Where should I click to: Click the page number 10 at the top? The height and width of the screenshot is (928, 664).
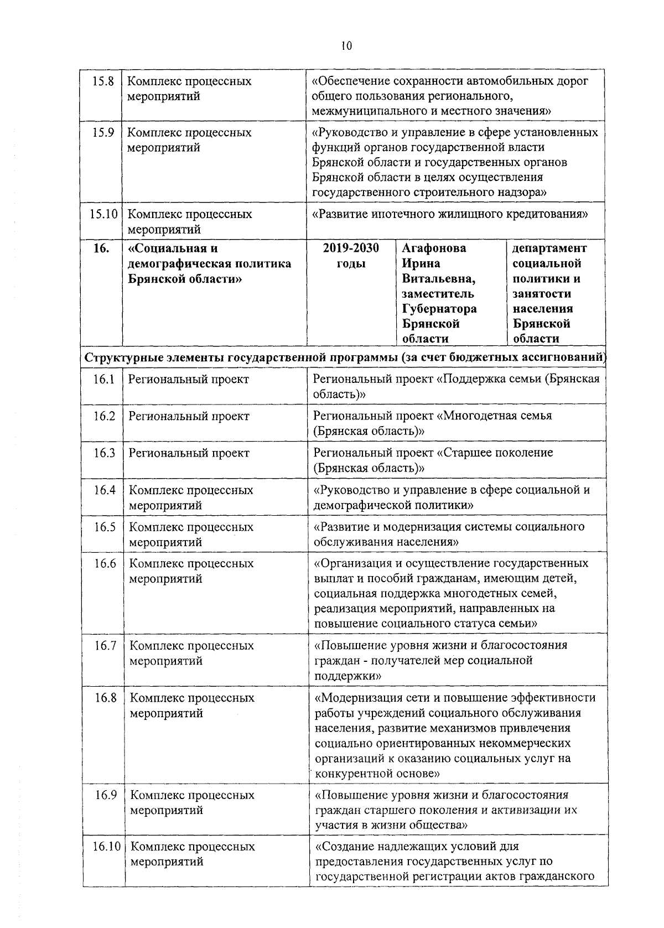coord(346,46)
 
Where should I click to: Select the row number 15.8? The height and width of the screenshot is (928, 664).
coord(103,81)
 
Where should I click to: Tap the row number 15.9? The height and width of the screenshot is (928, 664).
coord(103,133)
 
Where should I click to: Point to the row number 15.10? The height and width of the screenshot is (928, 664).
coord(103,214)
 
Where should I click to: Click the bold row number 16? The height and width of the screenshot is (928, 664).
coord(101,248)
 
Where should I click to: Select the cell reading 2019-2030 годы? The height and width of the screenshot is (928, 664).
coord(351,256)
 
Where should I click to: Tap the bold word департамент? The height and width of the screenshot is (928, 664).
coord(549,248)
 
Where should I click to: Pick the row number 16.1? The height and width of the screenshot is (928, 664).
coord(103,379)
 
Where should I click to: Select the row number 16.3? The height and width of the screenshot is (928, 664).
coord(104,453)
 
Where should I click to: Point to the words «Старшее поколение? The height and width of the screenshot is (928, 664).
coord(495,453)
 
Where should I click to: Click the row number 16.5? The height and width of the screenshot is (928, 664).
coord(105,527)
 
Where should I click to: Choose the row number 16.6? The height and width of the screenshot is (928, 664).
coord(105,563)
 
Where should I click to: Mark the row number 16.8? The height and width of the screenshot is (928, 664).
coord(105,698)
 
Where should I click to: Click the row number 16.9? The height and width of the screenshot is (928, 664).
coord(105,795)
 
